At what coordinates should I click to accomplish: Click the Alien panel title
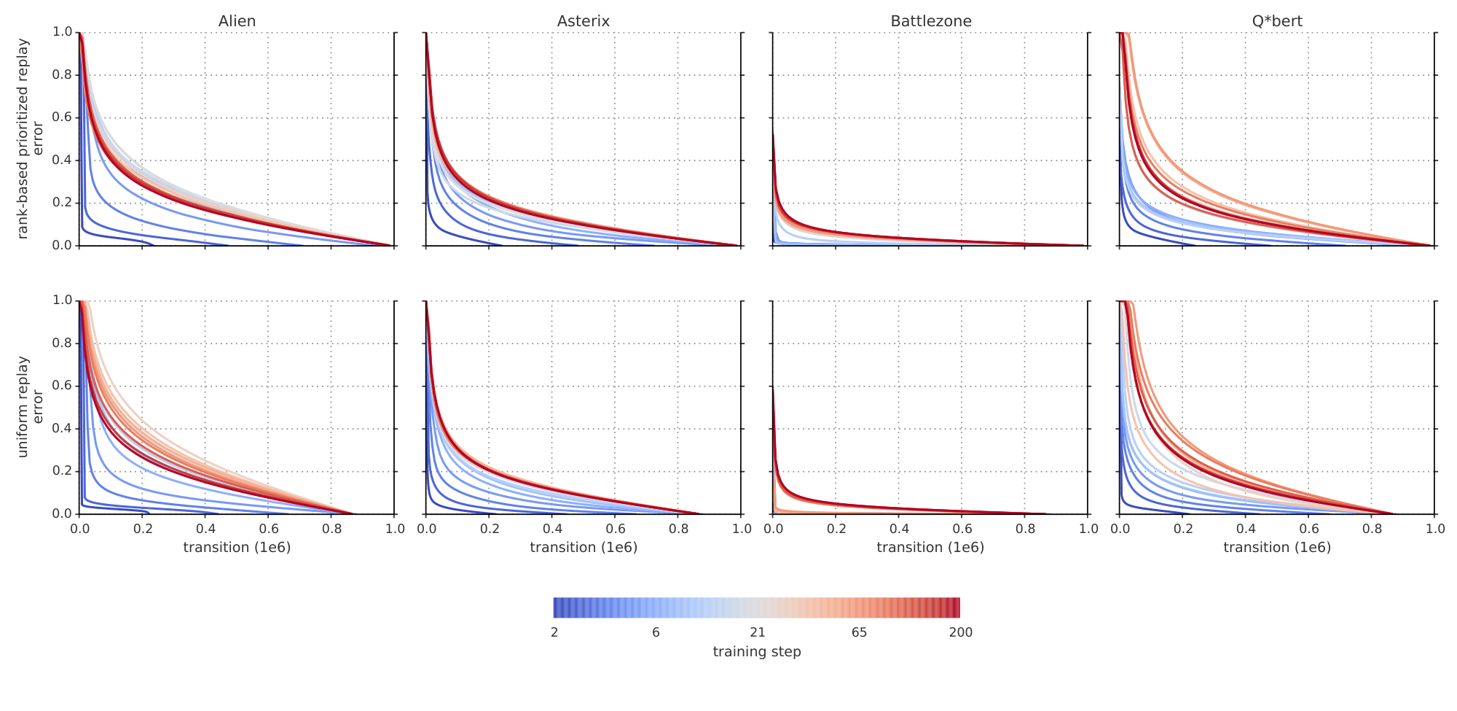237,21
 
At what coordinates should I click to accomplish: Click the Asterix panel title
583,21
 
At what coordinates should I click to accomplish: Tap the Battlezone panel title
930,21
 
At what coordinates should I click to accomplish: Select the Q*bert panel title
1276,21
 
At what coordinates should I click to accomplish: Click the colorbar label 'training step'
756,652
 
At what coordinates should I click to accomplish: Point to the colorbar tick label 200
960,632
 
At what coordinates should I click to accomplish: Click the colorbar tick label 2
554,632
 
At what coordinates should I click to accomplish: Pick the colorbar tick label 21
757,632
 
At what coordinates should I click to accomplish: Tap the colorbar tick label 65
859,632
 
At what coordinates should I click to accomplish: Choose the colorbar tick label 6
656,632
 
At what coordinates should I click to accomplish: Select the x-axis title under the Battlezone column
930,547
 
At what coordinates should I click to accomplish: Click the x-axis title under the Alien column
237,547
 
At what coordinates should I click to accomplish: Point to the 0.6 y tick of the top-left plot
63,117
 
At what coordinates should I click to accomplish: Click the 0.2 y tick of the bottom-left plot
63,471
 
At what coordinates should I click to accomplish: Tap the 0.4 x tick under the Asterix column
552,528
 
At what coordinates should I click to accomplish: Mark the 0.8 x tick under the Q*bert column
1372,528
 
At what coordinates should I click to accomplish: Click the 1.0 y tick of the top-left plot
63,32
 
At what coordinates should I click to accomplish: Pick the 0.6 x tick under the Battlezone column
962,528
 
